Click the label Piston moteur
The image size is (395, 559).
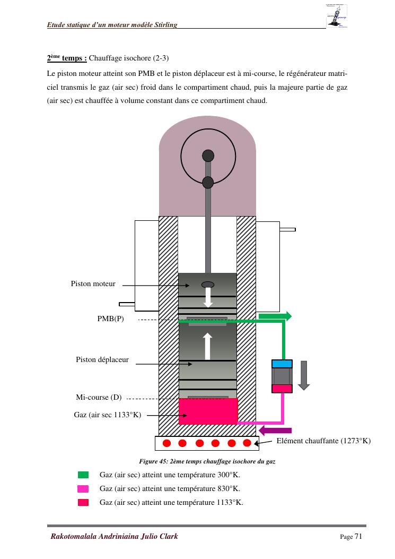(93, 284)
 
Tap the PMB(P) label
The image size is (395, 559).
(110, 319)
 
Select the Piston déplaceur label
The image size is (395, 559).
(102, 360)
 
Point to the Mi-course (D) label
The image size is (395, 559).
(99, 397)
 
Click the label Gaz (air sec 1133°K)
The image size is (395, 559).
(107, 415)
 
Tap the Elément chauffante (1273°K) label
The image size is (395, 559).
(323, 441)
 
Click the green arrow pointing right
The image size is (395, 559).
(275, 316)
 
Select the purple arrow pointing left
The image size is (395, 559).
(275, 430)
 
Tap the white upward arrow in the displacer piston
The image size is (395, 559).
(207, 346)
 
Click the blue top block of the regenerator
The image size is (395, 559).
(282, 364)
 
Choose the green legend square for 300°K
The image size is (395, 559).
(83, 475)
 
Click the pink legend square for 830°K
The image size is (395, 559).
(83, 488)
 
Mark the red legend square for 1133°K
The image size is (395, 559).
(83, 502)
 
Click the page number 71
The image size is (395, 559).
(358, 536)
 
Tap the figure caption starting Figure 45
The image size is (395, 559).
(207, 461)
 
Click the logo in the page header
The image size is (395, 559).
(337, 15)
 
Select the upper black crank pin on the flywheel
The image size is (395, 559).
(208, 156)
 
